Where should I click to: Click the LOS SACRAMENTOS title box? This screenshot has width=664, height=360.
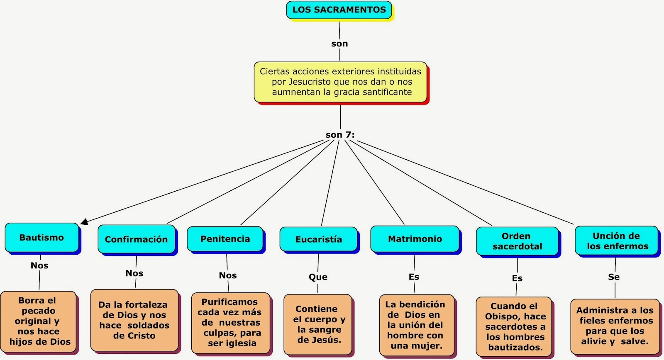pos(339,10)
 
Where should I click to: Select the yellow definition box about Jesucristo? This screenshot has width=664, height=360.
pos(340,82)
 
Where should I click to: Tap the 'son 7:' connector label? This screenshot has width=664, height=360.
pos(340,135)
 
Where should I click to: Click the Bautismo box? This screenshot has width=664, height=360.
pos(42,237)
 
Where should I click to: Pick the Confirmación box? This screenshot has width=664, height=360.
pos(137,239)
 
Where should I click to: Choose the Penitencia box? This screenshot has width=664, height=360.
pos(225,239)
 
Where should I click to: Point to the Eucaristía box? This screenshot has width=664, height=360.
pos(318,239)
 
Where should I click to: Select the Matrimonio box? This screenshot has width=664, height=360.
pos(415,239)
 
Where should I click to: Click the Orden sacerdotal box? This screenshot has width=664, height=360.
pos(517,241)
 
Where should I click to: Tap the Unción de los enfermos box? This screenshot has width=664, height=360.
pos(617,241)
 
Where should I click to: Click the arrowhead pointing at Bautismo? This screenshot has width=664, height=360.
pos(84,221)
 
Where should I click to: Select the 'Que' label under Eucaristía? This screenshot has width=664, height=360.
pos(318,277)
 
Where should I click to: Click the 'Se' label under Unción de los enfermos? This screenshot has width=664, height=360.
pos(614,277)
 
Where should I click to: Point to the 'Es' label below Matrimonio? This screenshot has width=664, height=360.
pos(414,277)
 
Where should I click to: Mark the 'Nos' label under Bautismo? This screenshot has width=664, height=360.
pos(39,265)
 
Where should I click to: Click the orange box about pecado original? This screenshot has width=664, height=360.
pos(38,321)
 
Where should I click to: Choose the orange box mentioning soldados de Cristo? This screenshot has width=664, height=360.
pos(134,320)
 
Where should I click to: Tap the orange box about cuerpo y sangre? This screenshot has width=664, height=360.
pos(318,324)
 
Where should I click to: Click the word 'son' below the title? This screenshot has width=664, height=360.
pos(340,44)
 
